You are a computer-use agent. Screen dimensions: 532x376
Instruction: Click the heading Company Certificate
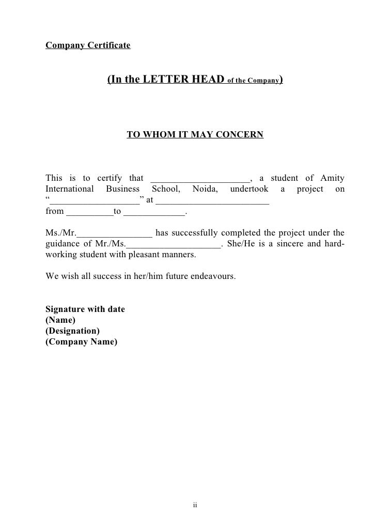[88, 45]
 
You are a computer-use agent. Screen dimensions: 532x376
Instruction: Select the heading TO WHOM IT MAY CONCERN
[195, 135]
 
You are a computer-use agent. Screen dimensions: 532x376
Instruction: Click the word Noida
[206, 189]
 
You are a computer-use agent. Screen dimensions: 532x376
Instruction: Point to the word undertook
[249, 189]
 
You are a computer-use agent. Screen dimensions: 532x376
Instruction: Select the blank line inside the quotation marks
[95, 200]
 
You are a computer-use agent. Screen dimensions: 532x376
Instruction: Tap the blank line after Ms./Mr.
[114, 233]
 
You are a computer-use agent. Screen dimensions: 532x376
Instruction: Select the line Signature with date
[85, 309]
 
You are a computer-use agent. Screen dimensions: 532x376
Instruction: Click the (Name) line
[60, 320]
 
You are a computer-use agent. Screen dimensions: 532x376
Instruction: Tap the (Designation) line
[73, 331]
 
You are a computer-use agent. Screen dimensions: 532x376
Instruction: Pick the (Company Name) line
[82, 341]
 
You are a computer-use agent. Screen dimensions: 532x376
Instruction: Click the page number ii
[195, 505]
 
